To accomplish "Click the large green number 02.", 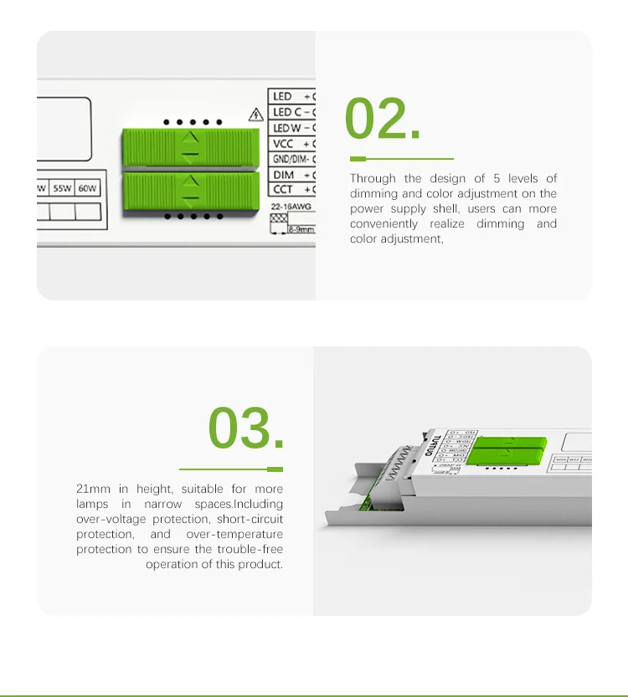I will point(383,120).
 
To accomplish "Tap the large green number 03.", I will point(246,428).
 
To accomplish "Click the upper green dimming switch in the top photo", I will point(190,148).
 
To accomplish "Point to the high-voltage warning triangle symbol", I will point(255,115).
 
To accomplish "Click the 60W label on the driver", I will point(88,189).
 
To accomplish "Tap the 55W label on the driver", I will point(63,189).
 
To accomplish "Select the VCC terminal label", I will point(283,144).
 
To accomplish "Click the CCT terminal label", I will point(283,190).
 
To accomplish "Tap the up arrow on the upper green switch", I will point(191,136).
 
